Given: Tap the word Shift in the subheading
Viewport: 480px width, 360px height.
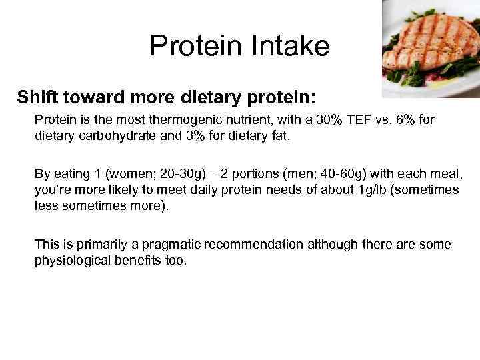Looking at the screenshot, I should click(x=39, y=98).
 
